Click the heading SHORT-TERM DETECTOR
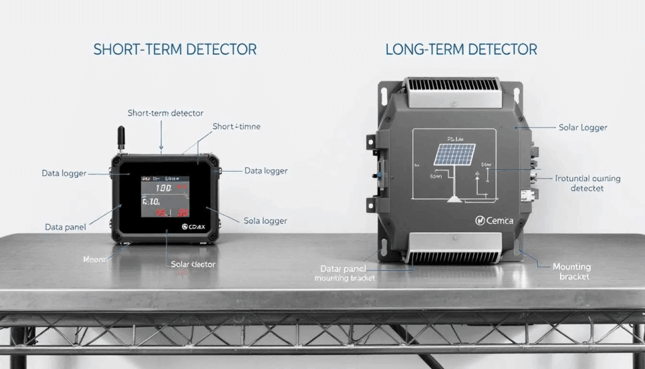coord(174,50)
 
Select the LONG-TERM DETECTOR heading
coord(461,49)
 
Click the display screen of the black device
coord(165,196)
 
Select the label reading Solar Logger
coord(583,127)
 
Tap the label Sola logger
coord(265,221)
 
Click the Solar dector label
coord(193,264)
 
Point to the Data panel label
coord(66,226)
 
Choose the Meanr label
coord(96,259)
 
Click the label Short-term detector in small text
coord(165,113)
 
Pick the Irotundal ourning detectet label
coord(587,183)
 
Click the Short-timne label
coord(236,127)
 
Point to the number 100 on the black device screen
coord(163,188)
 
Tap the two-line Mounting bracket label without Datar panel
coord(572,271)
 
